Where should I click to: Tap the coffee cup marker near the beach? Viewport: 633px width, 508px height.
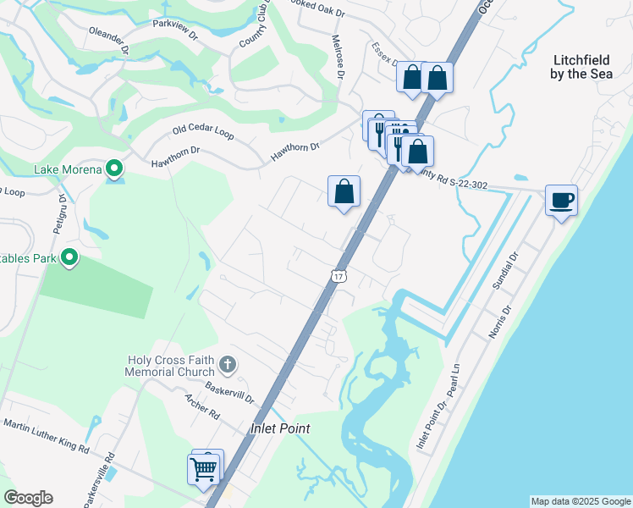click(x=562, y=201)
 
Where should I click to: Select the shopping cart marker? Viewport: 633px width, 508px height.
click(x=204, y=468)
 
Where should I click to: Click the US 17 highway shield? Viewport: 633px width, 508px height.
click(x=339, y=277)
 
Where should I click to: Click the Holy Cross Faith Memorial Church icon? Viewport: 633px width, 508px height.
click(x=227, y=365)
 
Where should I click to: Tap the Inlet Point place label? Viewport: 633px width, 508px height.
click(x=280, y=428)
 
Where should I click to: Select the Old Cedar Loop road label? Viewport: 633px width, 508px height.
click(x=202, y=130)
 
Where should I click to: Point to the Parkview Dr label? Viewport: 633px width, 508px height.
click(x=175, y=25)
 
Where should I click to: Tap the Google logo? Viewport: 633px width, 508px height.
click(x=28, y=498)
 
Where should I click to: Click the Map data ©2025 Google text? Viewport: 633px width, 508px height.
click(x=581, y=501)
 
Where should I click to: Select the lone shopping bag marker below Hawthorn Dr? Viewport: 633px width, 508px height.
click(x=344, y=192)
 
